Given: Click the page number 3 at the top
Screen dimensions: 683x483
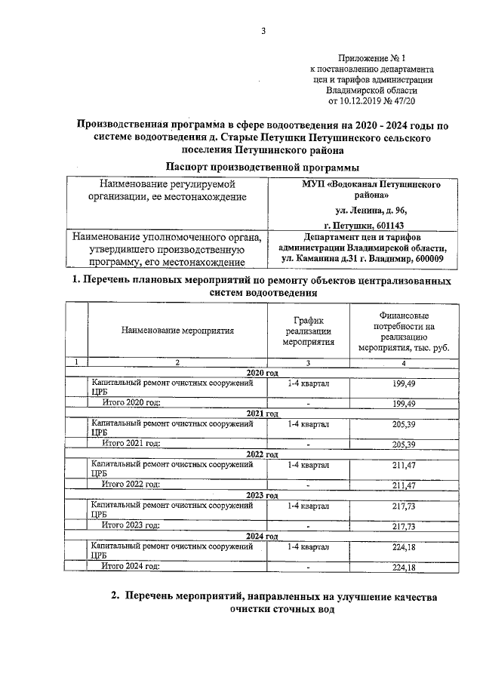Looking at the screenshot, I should (x=263, y=31).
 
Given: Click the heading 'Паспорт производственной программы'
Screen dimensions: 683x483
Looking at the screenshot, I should (x=262, y=167).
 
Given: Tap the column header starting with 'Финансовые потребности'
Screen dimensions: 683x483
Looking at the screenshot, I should (x=405, y=330).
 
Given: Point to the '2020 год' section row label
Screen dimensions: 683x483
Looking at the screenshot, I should (x=263, y=374).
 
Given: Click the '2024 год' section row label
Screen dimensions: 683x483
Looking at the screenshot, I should (x=263, y=536).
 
